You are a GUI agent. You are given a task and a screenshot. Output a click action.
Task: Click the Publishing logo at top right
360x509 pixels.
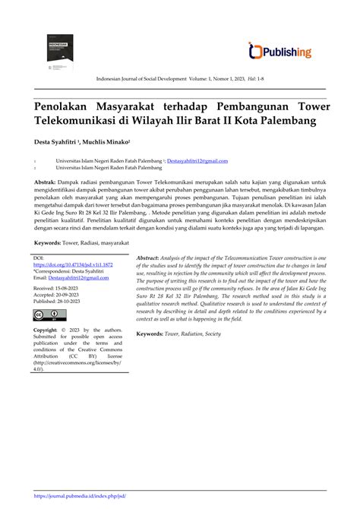(x=280, y=51)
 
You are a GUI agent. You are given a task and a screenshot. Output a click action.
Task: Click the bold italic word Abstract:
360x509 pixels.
(x=153, y=260)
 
